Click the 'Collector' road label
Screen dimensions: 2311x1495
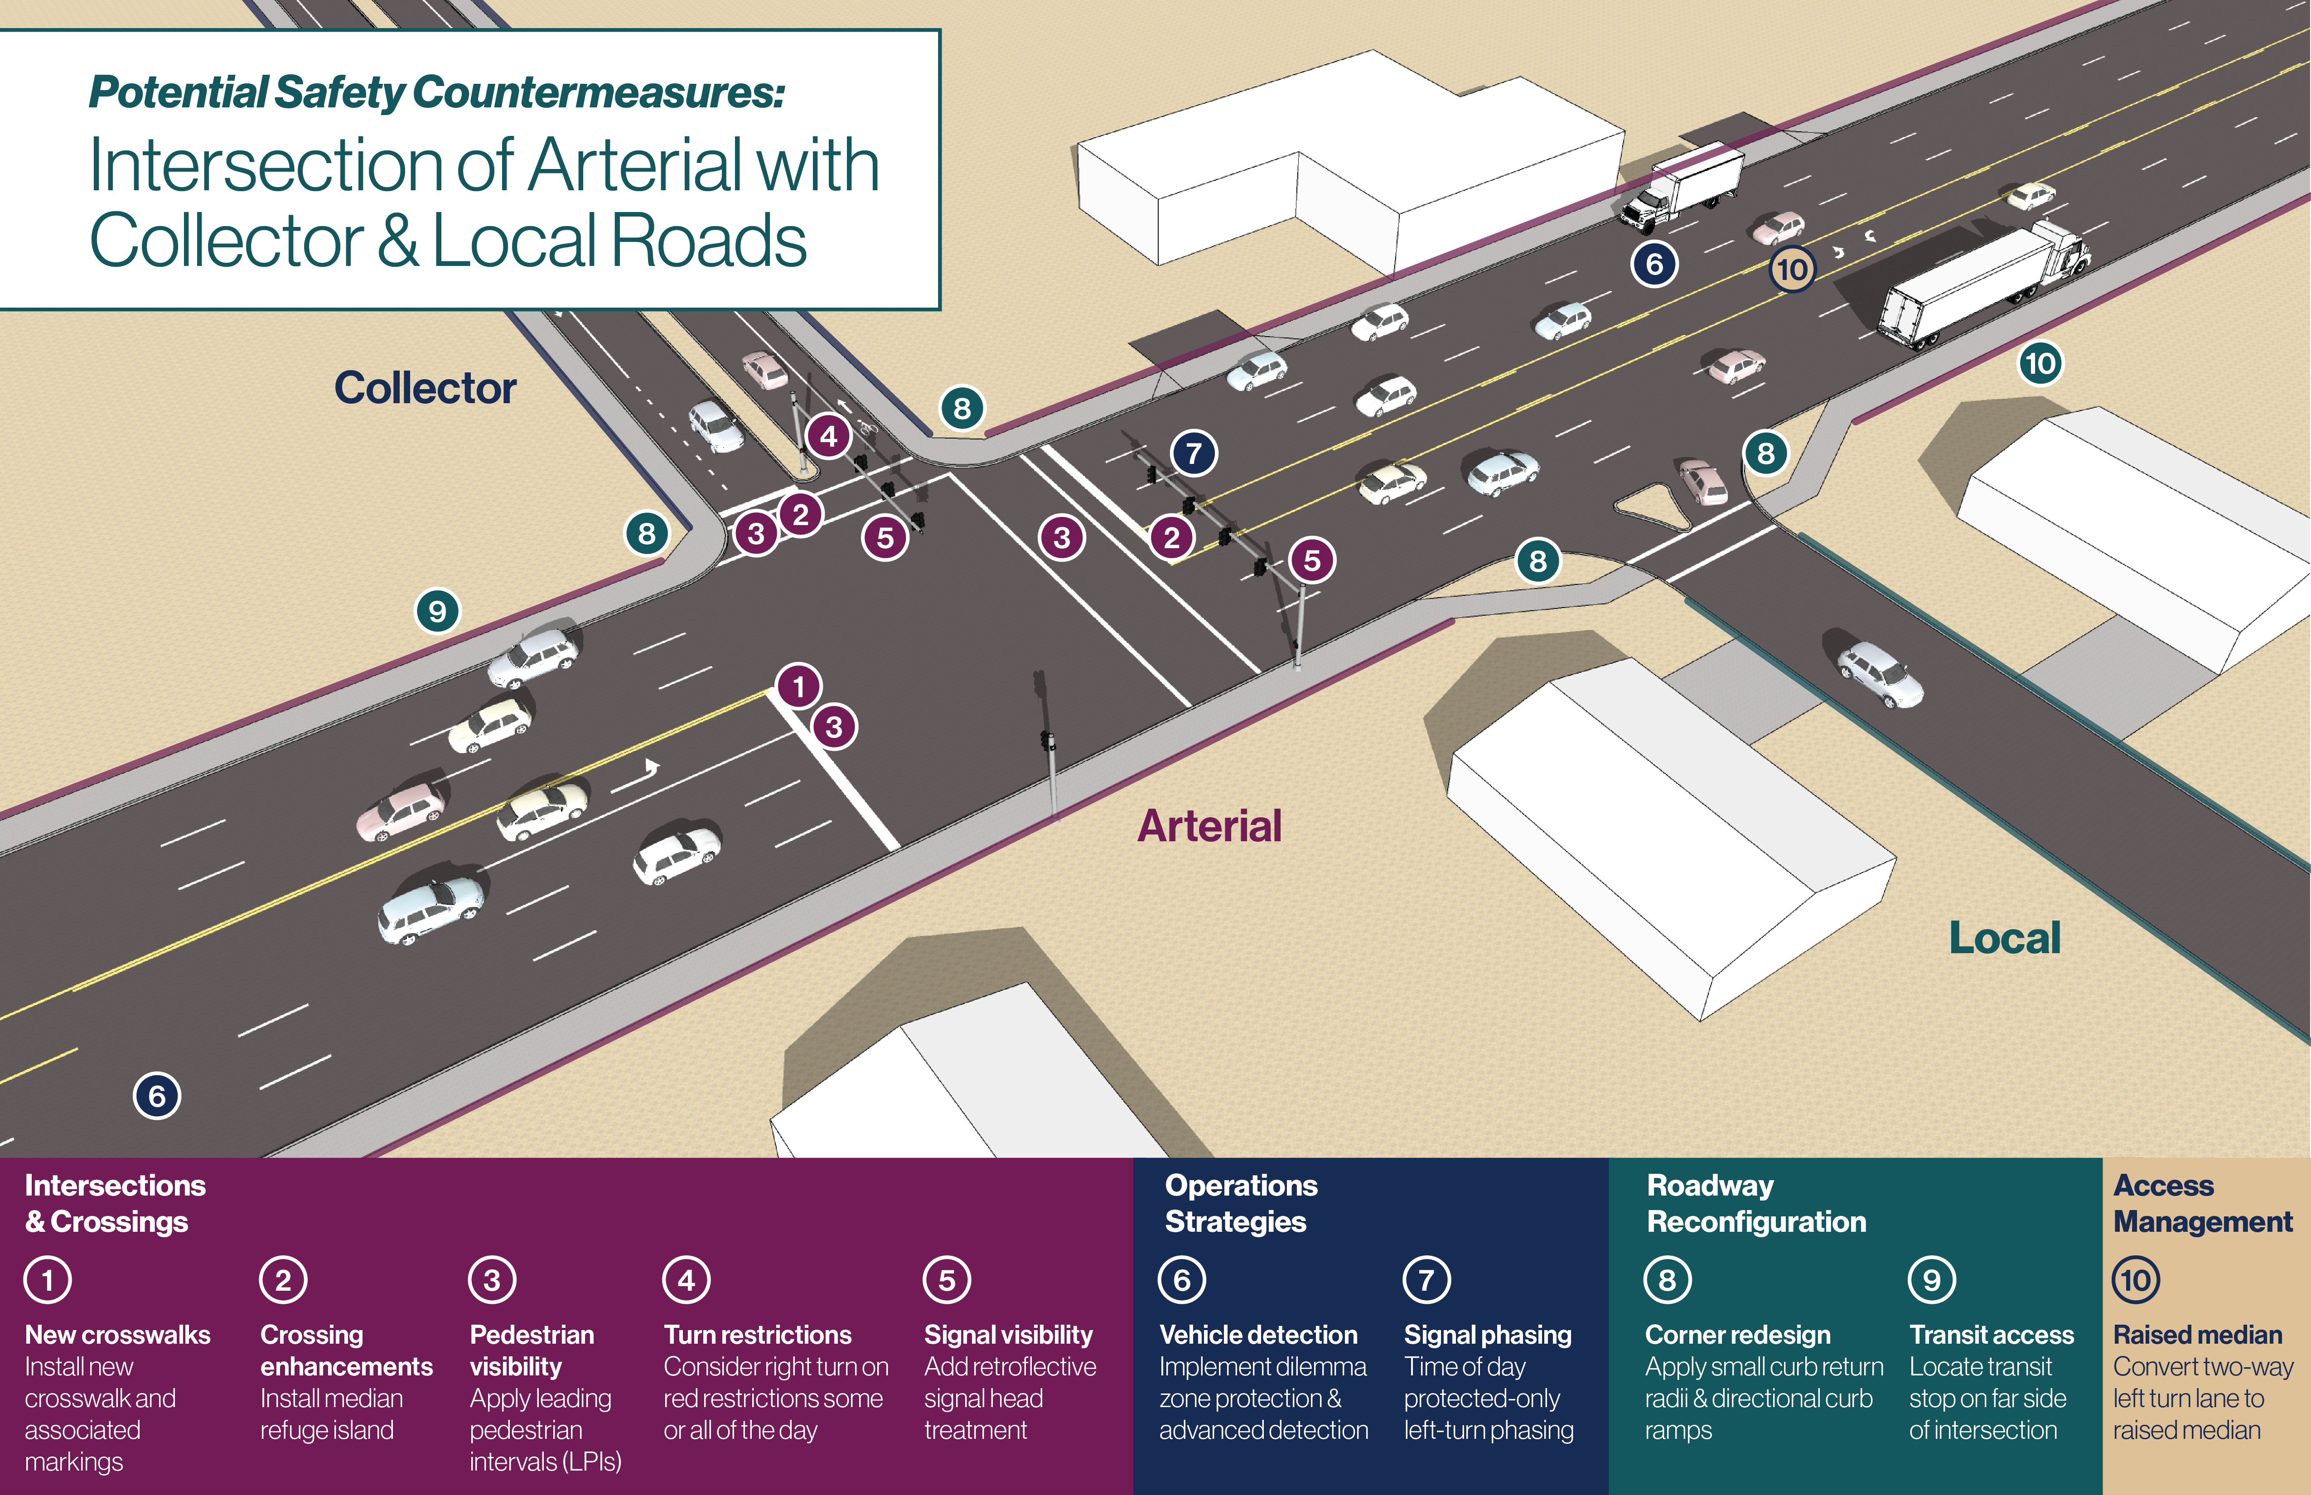pyautogui.click(x=425, y=388)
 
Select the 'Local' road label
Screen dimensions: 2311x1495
pyautogui.click(x=2005, y=938)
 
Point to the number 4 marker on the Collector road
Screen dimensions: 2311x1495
pyautogui.click(x=828, y=436)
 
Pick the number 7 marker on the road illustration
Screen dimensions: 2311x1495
pyautogui.click(x=1194, y=453)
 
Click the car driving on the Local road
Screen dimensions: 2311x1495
pyautogui.click(x=1880, y=673)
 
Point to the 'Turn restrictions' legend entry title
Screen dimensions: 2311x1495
pyautogui.click(x=757, y=1335)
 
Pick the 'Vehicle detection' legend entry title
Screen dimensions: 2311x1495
pyautogui.click(x=1258, y=1335)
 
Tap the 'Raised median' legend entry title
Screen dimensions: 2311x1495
pyautogui.click(x=2197, y=1335)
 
